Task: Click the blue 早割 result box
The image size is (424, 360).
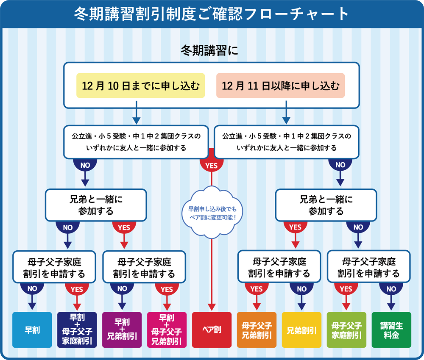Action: pos(32,330)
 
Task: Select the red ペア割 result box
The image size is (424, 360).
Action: pos(212,330)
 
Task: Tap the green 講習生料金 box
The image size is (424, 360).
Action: pos(391,330)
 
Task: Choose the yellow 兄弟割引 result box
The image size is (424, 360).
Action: pos(301,330)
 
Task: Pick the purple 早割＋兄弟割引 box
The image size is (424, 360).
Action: pos(122,330)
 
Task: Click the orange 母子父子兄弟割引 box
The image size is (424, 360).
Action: pos(257,330)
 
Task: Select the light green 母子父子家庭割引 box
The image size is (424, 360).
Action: pos(346,330)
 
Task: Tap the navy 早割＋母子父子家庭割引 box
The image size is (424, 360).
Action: pos(77,330)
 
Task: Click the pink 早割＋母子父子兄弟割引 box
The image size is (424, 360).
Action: pos(167,330)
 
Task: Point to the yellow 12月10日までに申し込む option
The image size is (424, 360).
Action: pos(141,86)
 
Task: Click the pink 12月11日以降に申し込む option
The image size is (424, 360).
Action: pos(280,86)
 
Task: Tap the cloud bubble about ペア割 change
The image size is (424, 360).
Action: pos(212,213)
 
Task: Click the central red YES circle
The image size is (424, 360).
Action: pos(212,164)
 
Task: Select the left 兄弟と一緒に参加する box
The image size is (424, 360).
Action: pos(96,205)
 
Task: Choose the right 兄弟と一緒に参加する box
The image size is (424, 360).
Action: pos(326,205)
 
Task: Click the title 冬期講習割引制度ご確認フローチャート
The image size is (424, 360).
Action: pos(212,14)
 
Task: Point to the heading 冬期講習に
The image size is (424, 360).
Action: pos(209,50)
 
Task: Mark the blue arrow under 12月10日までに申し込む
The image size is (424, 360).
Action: pos(136,113)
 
